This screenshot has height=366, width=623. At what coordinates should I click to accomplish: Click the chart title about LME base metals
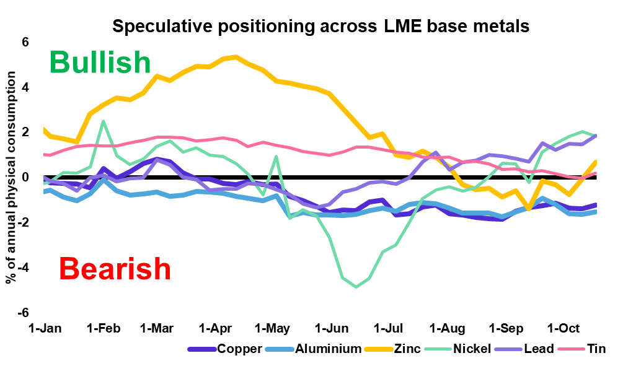coord(320,27)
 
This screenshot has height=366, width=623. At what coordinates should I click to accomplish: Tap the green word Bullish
coord(100,62)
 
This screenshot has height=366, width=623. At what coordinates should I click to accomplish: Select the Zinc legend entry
coord(407,349)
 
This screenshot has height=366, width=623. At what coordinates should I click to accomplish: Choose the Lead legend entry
coord(533,349)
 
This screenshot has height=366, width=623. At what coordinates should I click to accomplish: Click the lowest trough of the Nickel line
coord(356,287)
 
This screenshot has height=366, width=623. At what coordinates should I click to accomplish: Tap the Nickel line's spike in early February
coord(103,121)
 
